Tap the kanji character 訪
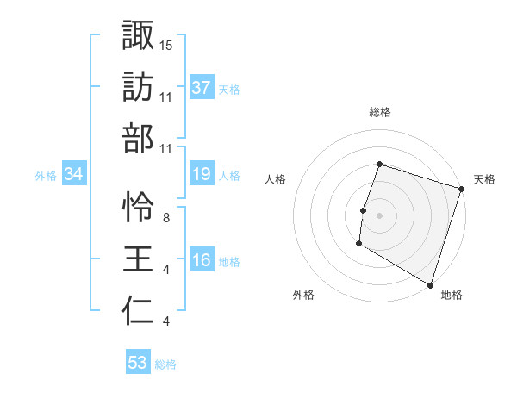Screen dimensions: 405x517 [x=138, y=87]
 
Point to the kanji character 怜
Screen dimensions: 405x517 [x=138, y=208]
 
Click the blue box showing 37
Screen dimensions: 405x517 [x=201, y=87]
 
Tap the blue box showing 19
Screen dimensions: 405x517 [x=201, y=174]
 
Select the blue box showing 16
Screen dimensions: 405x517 [x=201, y=260]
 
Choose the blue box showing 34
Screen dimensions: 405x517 [x=73, y=174]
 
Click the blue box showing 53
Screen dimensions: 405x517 [x=138, y=363]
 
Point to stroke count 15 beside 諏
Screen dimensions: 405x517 [x=166, y=44]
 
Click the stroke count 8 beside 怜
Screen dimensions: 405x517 [x=165, y=217]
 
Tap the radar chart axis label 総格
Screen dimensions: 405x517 [x=379, y=112]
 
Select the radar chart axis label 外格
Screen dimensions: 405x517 [x=303, y=296]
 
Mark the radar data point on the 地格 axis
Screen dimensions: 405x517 [x=430, y=284]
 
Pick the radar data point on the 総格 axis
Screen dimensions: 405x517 [x=379, y=164]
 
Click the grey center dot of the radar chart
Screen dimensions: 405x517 [x=379, y=215]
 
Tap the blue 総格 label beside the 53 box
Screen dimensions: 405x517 [x=165, y=364]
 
